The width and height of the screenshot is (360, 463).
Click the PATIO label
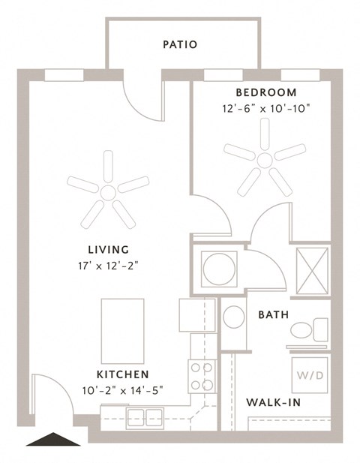click(180, 44)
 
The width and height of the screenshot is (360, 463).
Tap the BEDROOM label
click(266, 92)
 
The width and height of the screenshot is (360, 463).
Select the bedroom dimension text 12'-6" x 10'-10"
click(266, 109)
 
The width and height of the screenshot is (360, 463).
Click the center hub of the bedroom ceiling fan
click(265, 160)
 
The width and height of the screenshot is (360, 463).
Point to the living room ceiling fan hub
click(108, 193)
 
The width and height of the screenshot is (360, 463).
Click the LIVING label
click(109, 250)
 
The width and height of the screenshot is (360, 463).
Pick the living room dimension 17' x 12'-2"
click(108, 266)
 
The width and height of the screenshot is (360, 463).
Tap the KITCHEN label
click(123, 374)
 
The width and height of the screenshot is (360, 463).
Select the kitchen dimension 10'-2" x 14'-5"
click(123, 391)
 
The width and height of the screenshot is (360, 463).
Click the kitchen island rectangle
click(122, 331)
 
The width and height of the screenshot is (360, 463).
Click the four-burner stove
click(202, 377)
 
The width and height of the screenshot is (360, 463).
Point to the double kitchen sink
click(145, 418)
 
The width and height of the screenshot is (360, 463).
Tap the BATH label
click(274, 314)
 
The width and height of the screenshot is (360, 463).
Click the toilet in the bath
click(309, 329)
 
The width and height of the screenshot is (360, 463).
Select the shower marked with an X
click(312, 271)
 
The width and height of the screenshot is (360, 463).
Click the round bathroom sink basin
click(234, 317)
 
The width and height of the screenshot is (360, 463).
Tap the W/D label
click(310, 376)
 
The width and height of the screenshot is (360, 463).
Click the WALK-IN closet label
click(273, 402)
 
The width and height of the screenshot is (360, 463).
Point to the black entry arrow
click(53, 439)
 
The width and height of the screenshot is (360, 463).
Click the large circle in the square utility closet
click(219, 269)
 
